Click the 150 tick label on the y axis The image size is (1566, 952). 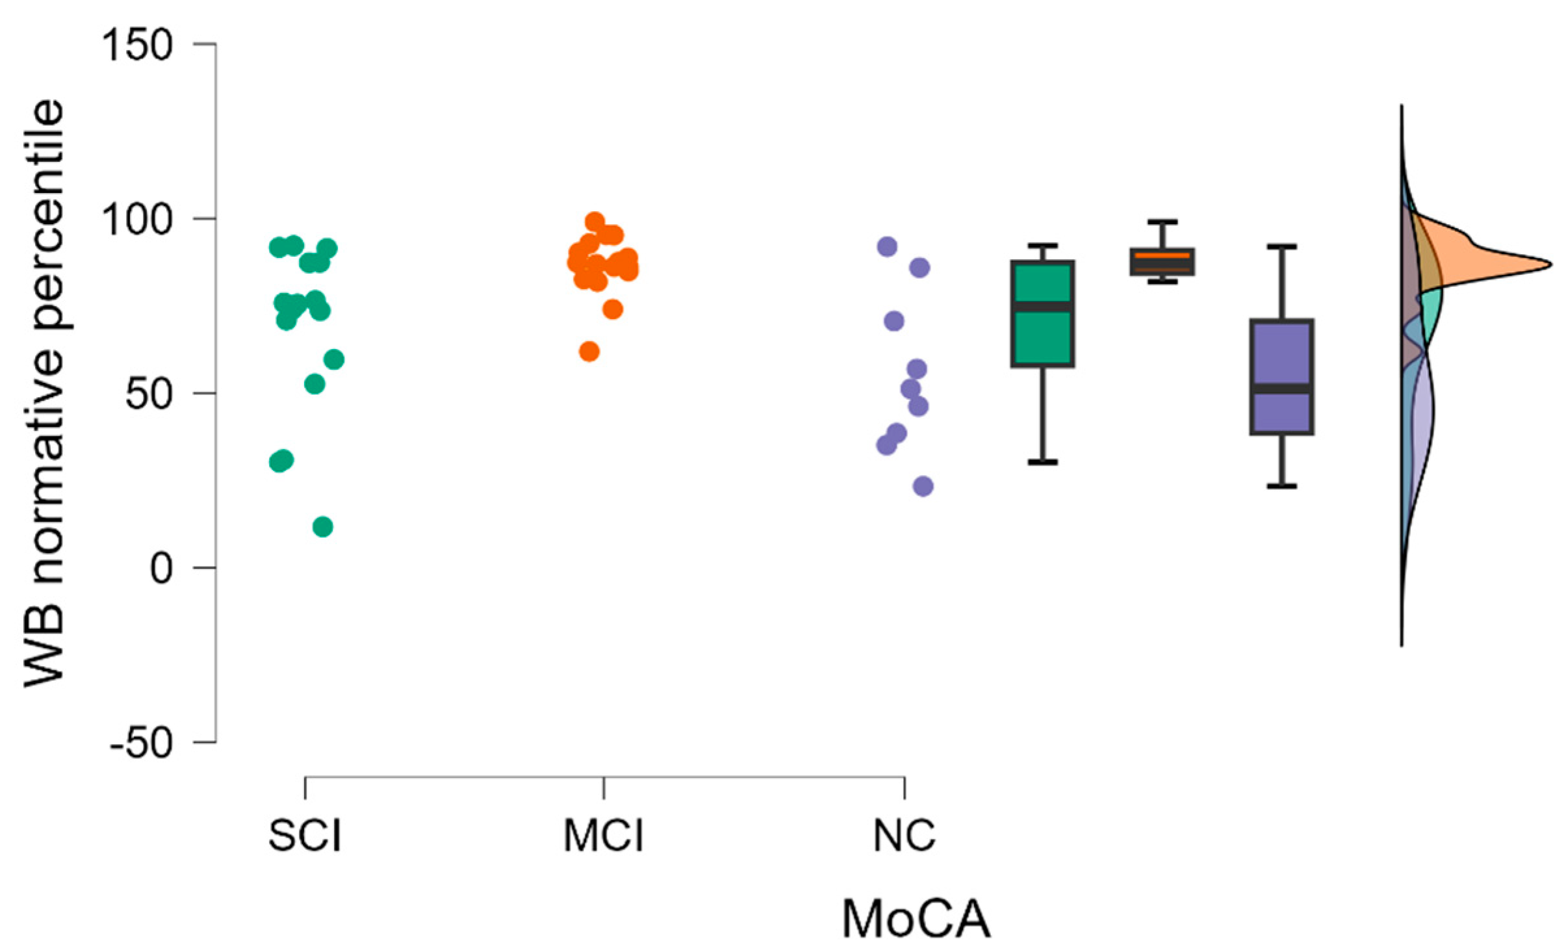coord(136,45)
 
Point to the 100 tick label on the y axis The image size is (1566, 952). coord(136,220)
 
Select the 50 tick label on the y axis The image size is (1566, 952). coord(148,394)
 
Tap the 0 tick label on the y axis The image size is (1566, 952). coord(161,568)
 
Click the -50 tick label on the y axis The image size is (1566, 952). coord(142,742)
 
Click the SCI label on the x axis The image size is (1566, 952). coord(305,836)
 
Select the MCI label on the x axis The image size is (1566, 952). coord(604,836)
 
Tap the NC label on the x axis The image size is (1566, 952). coord(905,836)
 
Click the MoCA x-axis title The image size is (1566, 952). coord(916,919)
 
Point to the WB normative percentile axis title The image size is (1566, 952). coord(44,394)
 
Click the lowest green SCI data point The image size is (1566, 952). coord(323,526)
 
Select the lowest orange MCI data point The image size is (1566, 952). coord(589,352)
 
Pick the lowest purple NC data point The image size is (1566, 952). coord(923,486)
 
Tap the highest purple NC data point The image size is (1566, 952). coord(887,247)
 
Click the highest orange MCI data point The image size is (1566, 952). coord(595,222)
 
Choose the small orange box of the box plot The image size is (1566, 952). coord(1162,261)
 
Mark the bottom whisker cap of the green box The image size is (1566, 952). coord(1042,462)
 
